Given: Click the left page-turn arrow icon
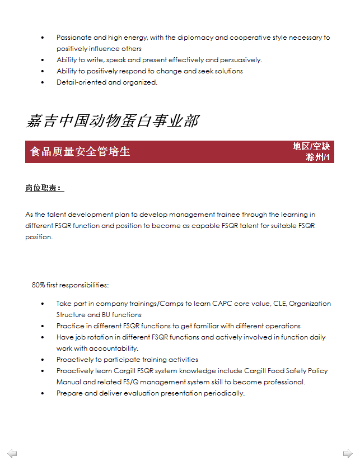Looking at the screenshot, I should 12,453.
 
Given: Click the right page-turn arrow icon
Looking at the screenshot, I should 348,453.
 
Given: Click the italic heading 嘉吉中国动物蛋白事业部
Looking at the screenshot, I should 112,121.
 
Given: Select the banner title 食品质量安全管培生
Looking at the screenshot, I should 80,151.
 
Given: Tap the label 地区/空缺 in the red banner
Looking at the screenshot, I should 311,146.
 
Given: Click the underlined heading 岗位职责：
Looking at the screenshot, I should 44,188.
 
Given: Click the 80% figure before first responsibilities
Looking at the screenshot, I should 39,285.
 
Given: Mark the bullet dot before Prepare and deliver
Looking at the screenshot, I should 43,393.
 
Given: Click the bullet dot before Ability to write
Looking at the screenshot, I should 43,60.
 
